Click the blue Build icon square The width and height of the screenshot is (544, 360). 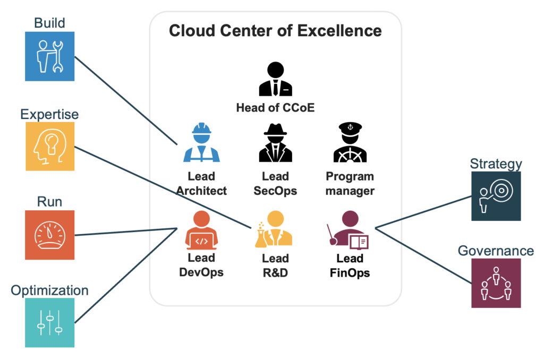(x=49, y=56)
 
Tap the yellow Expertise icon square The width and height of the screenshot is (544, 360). (x=50, y=146)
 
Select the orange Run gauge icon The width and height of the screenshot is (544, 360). (x=49, y=235)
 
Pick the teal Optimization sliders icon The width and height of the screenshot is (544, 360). (x=49, y=322)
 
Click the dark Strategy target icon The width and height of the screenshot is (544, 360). (x=496, y=196)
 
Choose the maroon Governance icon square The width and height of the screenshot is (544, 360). (x=496, y=283)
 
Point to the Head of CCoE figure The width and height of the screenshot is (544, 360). (x=276, y=79)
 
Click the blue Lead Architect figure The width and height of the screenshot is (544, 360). (x=201, y=142)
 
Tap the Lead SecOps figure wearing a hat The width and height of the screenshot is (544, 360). (x=276, y=142)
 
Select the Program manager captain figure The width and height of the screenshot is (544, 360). (x=350, y=142)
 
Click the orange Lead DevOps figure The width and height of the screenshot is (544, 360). (x=201, y=230)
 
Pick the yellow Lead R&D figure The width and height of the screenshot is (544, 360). (x=274, y=229)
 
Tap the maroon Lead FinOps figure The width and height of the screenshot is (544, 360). (x=347, y=230)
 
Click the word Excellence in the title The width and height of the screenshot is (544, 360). (x=339, y=30)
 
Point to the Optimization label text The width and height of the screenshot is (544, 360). (x=49, y=290)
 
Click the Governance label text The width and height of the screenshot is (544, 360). (x=496, y=251)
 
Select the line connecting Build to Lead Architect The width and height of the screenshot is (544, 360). (x=126, y=100)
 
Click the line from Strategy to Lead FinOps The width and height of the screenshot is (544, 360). (x=423, y=212)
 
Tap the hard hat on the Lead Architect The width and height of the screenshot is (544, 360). (x=201, y=128)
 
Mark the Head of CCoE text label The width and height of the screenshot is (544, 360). (x=276, y=108)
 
